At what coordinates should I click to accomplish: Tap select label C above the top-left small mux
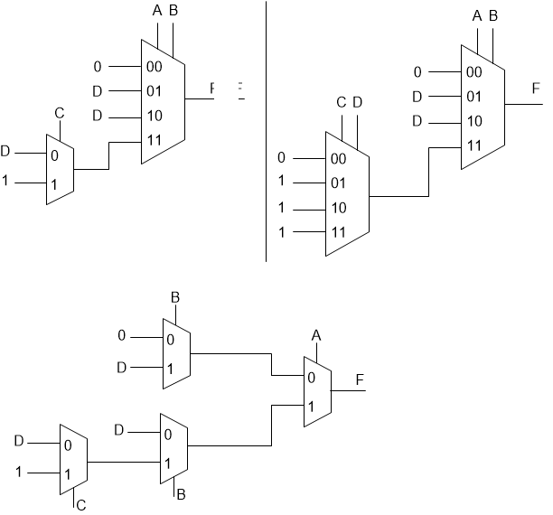tap(60, 114)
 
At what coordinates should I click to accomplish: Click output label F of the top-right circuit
tap(535, 89)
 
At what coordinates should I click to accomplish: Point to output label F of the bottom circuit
tap(360, 379)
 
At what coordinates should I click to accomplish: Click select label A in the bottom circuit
tap(316, 335)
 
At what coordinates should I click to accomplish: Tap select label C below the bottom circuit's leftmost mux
tap(81, 503)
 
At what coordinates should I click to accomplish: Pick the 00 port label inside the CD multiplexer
tap(339, 158)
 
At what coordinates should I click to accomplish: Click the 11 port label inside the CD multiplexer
tap(339, 231)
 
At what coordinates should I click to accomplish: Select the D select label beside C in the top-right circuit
tap(357, 103)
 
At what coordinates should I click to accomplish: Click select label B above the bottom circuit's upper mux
tap(175, 298)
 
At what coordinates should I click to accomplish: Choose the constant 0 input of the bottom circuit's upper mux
tap(123, 336)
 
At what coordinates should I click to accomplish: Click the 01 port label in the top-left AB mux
tap(154, 90)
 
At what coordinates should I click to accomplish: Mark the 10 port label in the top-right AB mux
tap(473, 121)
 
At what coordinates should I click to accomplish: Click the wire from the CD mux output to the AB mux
tap(402, 195)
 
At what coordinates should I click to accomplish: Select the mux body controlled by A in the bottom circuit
tap(317, 391)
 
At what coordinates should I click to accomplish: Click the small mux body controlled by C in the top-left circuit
tap(60, 169)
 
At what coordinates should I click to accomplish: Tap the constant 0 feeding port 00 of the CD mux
tap(282, 157)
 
